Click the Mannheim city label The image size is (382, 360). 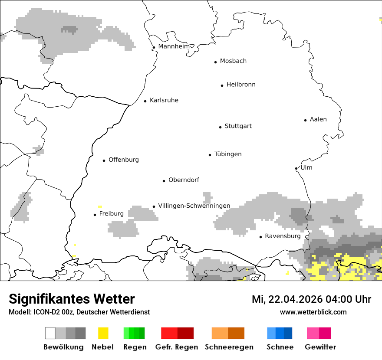[174, 46]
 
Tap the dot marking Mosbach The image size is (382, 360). [215, 62]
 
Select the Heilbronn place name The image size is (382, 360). [241, 85]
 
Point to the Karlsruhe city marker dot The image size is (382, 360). [145, 101]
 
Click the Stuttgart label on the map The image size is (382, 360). [238, 126]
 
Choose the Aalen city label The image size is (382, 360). [318, 119]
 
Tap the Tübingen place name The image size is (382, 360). [228, 154]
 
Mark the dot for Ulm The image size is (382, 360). [296, 168]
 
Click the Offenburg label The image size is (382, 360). [124, 160]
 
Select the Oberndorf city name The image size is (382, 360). [184, 180]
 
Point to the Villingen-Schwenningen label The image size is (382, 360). [194, 206]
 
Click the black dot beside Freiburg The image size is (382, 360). [95, 215]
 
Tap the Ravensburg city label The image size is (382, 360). [283, 236]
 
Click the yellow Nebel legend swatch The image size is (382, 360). [103, 333]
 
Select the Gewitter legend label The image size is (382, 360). [320, 347]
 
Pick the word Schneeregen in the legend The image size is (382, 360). [229, 347]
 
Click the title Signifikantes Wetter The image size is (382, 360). [72, 299]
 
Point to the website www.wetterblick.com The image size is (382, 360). [313, 312]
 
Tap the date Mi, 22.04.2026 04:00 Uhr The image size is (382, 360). [311, 299]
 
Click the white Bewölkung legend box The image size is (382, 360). [50, 333]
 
